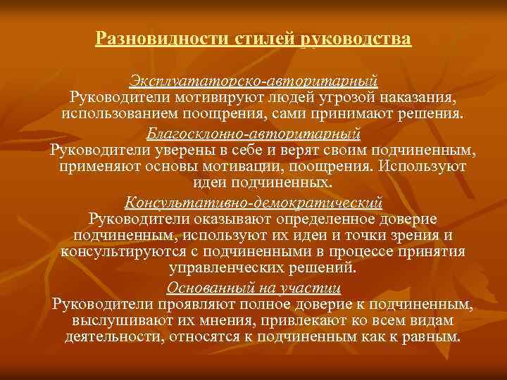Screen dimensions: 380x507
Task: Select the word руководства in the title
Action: (356, 37)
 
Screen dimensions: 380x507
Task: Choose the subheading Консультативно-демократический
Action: (254, 203)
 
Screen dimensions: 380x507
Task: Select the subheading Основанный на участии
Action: (254, 287)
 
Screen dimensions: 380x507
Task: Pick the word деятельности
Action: (113, 338)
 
